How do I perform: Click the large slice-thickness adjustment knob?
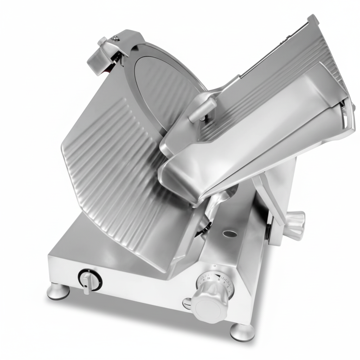(210, 302)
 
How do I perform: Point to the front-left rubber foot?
(58, 291)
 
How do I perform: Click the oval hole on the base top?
(230, 233)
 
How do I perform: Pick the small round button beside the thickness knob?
(187, 303)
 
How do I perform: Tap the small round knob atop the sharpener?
(102, 41)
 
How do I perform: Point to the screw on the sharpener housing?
(115, 38)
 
